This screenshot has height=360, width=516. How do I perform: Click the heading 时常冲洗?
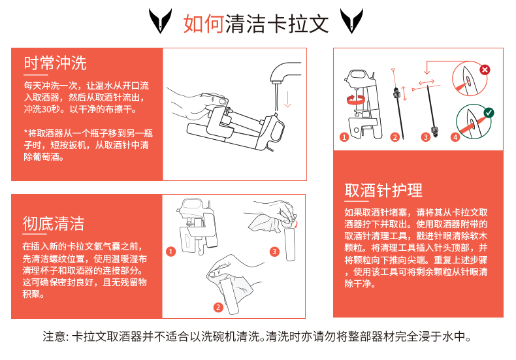click(55, 63)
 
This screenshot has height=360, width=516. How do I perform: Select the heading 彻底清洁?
click(54, 223)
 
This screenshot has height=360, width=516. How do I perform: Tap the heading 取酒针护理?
click(383, 190)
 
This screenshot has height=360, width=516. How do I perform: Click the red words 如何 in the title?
click(204, 24)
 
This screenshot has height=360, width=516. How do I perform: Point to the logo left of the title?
click(160, 21)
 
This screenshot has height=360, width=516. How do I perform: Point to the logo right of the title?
click(352, 21)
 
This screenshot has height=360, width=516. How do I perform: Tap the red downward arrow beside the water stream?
click(287, 99)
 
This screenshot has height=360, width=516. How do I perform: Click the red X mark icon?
click(485, 70)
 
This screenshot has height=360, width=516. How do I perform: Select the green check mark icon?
click(489, 113)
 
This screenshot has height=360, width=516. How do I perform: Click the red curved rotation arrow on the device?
click(356, 100)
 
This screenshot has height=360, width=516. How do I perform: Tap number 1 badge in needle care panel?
click(344, 137)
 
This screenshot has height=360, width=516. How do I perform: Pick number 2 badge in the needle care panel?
click(395, 137)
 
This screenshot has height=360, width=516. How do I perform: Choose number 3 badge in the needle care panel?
click(425, 137)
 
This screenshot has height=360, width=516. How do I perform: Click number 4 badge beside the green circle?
click(455, 137)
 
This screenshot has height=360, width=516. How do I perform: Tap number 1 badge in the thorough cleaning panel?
click(170, 252)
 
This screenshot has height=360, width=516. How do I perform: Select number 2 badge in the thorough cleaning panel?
click(218, 307)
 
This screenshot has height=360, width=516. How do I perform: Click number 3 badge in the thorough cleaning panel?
click(274, 252)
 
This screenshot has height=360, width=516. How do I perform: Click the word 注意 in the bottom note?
click(54, 336)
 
